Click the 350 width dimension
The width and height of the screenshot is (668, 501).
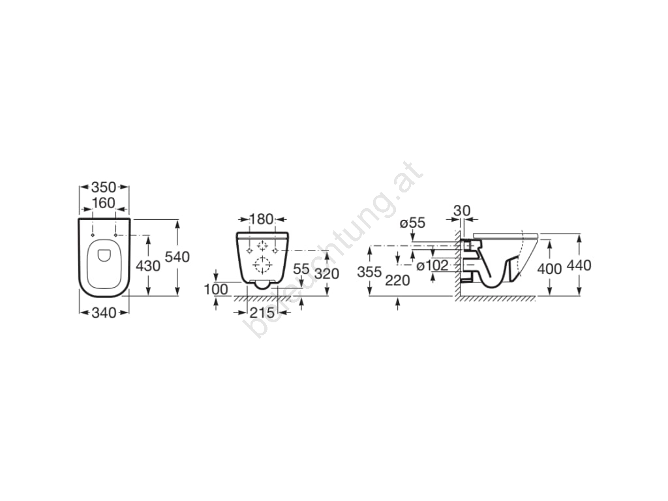[104, 187]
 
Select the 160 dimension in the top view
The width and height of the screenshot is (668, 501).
[104, 203]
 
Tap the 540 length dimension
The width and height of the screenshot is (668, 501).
[177, 257]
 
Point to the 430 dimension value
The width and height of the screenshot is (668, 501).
[148, 266]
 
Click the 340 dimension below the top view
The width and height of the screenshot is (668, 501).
[104, 312]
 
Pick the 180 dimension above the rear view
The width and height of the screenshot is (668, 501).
[261, 219]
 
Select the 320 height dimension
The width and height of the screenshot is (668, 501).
[327, 273]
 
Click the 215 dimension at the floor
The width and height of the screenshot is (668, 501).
[262, 312]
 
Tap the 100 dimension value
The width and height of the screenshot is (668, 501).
[216, 290]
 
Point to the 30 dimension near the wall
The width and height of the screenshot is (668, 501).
[462, 211]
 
